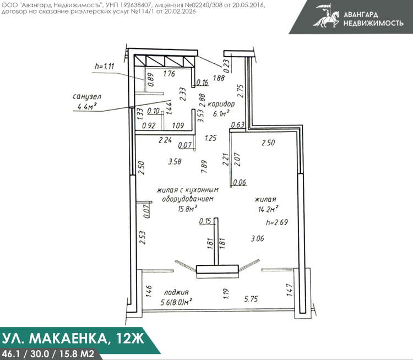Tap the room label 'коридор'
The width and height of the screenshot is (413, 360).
[221, 104]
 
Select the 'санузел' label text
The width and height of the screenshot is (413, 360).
[87, 97]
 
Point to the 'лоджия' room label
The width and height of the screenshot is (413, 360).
[176, 292]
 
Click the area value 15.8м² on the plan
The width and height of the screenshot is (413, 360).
[188, 209]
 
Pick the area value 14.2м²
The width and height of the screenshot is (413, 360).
[268, 209]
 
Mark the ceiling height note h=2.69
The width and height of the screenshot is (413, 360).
[277, 222]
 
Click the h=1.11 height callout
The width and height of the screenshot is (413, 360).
[105, 66]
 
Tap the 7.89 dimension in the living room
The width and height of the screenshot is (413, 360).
[204, 167]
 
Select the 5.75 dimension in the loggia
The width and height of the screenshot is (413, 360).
[251, 299]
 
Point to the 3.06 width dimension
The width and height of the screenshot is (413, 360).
[257, 238]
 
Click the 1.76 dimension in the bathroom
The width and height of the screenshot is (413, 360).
[169, 73]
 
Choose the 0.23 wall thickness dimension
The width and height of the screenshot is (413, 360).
[227, 65]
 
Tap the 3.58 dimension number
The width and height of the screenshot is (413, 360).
[175, 161]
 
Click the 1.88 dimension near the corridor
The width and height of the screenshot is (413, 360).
[219, 78]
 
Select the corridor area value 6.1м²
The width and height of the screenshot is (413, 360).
[221, 114]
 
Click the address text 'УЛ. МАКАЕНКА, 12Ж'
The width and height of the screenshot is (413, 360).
[73, 338]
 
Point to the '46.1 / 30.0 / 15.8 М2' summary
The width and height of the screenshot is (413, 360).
[48, 354]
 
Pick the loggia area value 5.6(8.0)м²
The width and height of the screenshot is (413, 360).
[176, 302]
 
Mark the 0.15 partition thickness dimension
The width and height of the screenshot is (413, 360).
[205, 221]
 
